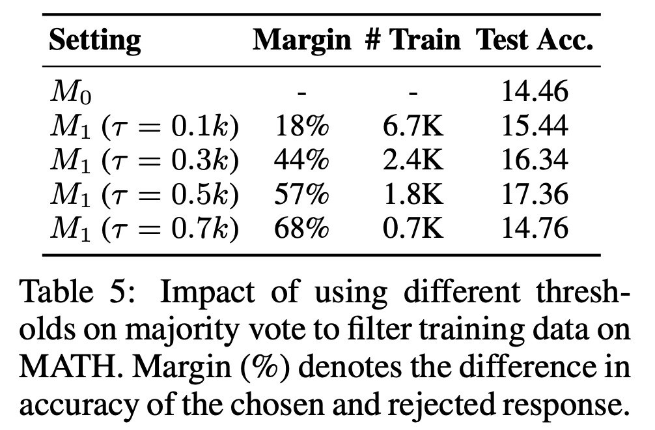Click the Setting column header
click(95, 41)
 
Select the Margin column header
click(301, 41)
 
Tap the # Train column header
click(411, 41)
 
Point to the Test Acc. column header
click(535, 41)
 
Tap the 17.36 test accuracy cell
click(534, 194)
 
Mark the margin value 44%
click(301, 160)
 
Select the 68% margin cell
click(301, 228)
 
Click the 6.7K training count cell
click(411, 126)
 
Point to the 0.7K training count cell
click(411, 228)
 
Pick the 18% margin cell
click(301, 126)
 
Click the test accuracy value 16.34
click(534, 160)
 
